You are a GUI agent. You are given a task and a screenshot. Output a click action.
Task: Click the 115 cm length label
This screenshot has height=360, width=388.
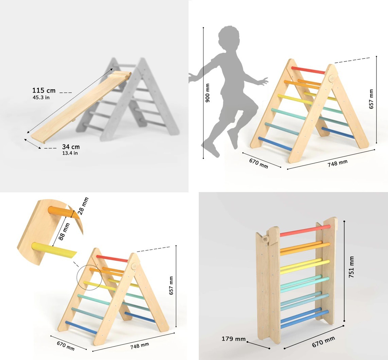(44, 90)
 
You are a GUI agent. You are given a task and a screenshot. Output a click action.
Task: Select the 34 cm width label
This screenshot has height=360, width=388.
(71, 147)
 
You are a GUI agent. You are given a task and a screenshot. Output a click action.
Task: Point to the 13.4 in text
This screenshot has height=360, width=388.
(70, 153)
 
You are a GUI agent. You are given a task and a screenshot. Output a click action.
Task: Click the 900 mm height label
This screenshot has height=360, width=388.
(208, 92)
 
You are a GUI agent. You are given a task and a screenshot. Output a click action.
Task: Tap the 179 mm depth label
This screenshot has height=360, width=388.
(234, 339)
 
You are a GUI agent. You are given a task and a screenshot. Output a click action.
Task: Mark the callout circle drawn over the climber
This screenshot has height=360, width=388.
(90, 277)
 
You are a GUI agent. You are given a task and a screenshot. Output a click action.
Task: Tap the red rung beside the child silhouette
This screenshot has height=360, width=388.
(308, 70)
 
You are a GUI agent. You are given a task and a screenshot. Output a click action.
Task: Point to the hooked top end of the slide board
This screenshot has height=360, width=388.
(121, 75)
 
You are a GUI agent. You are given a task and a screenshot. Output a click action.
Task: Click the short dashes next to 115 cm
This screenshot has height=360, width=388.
(66, 92)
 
